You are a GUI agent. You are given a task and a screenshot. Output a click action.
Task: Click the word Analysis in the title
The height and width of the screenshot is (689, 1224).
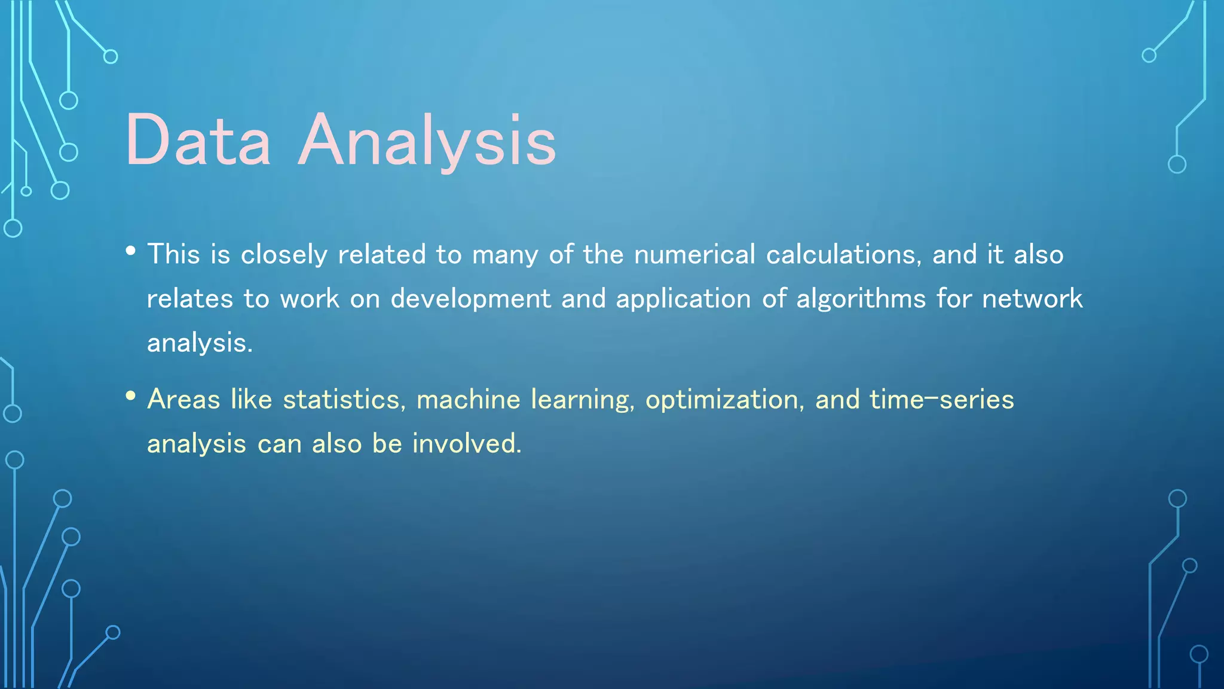coord(427,141)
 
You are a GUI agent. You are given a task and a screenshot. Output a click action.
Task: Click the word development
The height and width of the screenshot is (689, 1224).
coord(470,298)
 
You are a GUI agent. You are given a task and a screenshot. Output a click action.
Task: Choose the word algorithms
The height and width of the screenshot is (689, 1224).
coord(861,298)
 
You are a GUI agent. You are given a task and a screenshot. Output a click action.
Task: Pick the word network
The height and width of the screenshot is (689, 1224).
coord(1032,298)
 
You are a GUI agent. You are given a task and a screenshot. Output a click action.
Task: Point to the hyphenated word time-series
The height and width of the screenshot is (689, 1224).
coord(941,400)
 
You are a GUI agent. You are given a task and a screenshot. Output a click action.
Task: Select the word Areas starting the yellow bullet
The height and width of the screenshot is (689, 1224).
coord(183,400)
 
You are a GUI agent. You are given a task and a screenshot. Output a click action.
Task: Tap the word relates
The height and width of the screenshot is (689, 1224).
coord(190,298)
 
